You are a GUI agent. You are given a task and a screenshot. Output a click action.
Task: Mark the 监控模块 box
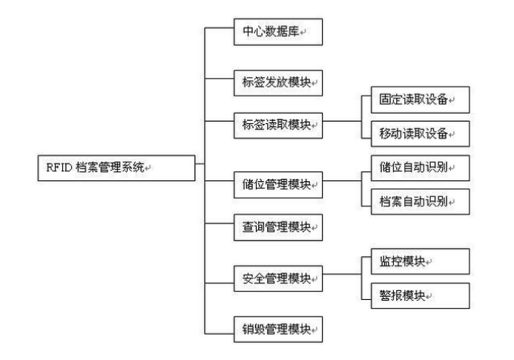click(x=415, y=261)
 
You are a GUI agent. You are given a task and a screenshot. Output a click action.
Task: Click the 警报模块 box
click(x=415, y=295)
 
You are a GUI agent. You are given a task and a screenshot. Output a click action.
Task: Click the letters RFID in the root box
click(x=50, y=167)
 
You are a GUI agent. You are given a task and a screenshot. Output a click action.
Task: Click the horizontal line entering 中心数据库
click(x=218, y=30)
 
